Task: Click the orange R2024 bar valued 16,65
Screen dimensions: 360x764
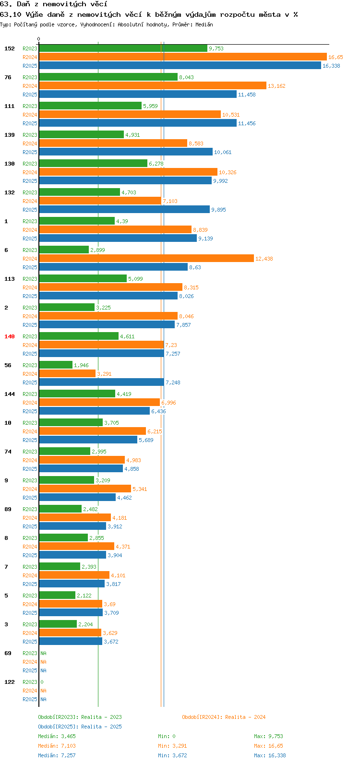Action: [x=183, y=57]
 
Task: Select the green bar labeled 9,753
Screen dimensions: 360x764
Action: [x=123, y=48]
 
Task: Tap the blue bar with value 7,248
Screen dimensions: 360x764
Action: [x=102, y=382]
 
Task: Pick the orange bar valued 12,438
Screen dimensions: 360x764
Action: [x=147, y=259]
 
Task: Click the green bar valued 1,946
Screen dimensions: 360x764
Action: [x=56, y=365]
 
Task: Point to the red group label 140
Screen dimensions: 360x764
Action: [x=10, y=336]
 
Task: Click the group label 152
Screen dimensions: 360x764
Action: [x=10, y=48]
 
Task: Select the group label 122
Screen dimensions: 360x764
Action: [x=10, y=682]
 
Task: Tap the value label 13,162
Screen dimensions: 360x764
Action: [x=276, y=86]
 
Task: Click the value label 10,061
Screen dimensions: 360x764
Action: [x=223, y=152]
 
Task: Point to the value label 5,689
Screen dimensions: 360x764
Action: [x=146, y=440]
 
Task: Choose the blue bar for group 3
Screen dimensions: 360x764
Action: [x=71, y=642]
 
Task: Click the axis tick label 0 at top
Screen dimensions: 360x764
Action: [x=38, y=39]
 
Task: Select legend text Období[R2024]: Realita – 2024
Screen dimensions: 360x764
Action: [x=224, y=717]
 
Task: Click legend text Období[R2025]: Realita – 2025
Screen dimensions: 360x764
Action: [x=80, y=727]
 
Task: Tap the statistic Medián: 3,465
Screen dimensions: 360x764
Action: [x=57, y=736]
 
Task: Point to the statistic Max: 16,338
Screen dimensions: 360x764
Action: [x=270, y=755]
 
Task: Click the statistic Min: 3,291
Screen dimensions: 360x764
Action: [x=172, y=746]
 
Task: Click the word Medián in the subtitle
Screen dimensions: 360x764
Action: [x=204, y=24]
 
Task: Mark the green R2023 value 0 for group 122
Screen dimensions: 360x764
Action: [x=42, y=682]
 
